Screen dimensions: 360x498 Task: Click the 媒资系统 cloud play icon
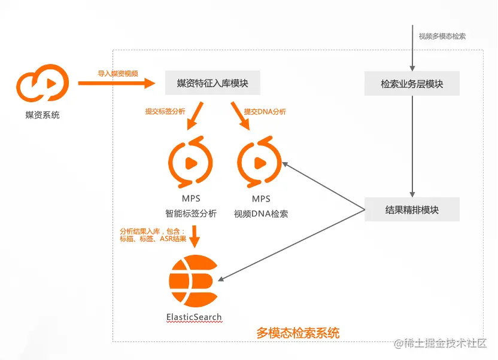point(42,84)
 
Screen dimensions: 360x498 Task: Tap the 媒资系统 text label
point(42,115)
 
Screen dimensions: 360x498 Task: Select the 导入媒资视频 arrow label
point(118,74)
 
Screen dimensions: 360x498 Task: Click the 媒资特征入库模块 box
point(212,84)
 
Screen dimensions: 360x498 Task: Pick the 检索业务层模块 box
point(412,84)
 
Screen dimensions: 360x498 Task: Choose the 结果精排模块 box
point(412,210)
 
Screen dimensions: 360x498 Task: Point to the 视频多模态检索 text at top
point(442,36)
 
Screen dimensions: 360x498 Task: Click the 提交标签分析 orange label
point(165,112)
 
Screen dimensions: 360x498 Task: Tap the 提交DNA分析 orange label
point(265,112)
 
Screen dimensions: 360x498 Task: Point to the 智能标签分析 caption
point(191,213)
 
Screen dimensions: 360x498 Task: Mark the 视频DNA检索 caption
point(261,213)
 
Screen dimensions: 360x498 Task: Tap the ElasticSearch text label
point(194,317)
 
